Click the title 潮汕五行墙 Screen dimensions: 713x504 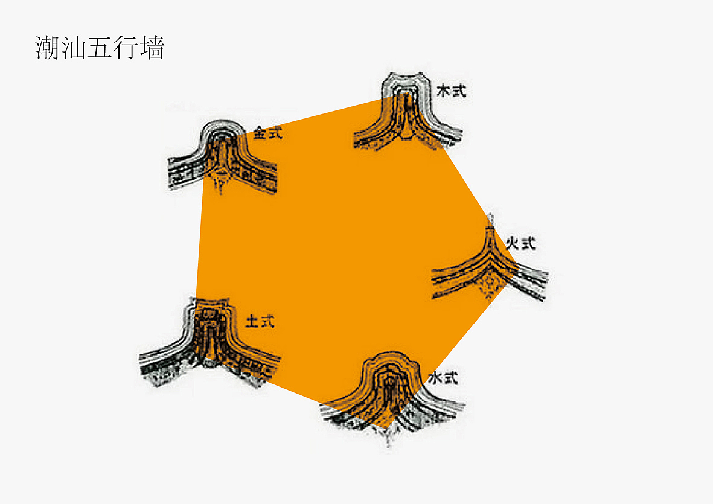(x=100, y=48)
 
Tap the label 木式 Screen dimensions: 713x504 (x=451, y=91)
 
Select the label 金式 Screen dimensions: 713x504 (x=268, y=133)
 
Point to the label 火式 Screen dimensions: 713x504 (x=521, y=244)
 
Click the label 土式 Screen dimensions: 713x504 (x=260, y=321)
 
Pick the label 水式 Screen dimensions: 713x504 (x=443, y=377)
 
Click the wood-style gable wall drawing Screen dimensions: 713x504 (x=408, y=111)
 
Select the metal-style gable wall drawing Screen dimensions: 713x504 (x=222, y=157)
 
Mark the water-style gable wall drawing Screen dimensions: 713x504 (x=391, y=398)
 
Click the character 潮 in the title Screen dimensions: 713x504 (x=48, y=48)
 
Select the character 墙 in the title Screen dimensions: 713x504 (x=152, y=48)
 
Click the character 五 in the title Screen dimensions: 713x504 (x=100, y=48)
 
